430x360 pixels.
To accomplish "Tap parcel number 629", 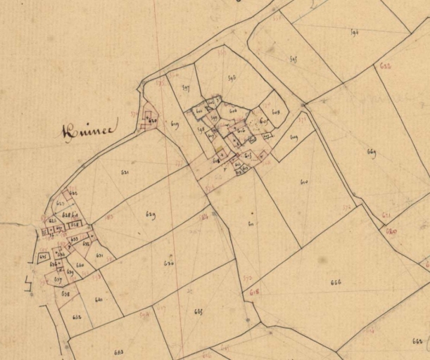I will [151, 214].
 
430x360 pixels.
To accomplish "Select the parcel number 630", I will [169, 263].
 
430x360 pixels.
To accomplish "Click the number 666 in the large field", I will [335, 282].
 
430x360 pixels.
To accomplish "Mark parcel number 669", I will [372, 151].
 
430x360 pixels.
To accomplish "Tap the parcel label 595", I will [293, 59].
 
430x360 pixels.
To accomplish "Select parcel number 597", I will [186, 88].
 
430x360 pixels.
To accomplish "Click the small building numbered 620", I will [151, 121].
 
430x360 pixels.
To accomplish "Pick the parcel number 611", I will [251, 224].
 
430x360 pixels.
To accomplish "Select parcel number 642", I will [76, 317].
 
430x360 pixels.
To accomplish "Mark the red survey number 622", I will [386, 66].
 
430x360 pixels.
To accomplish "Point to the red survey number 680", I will [391, 231].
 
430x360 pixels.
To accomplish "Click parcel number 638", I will [65, 292].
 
